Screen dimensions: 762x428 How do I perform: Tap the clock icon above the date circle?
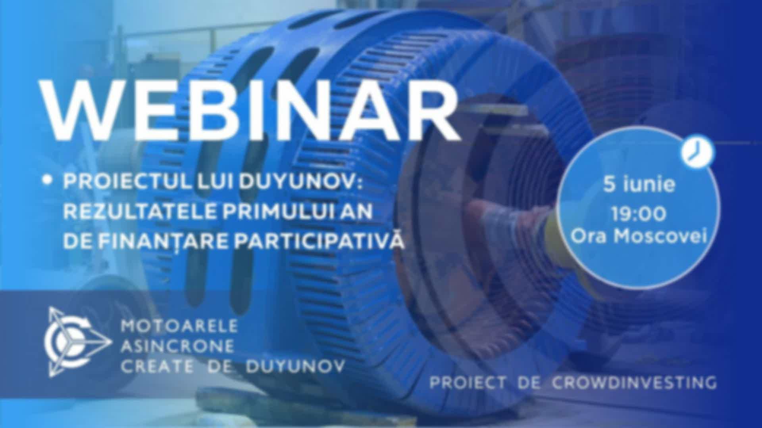click(x=698, y=151)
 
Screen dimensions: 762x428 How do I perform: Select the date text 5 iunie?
click(x=639, y=185)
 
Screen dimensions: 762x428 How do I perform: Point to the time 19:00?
click(x=639, y=214)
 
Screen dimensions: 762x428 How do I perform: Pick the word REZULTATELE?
click(x=140, y=212)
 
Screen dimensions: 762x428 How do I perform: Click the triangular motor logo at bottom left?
click(x=77, y=342)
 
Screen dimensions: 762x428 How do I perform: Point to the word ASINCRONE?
click(x=177, y=347)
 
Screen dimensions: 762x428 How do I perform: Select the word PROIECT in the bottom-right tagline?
click(x=468, y=383)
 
